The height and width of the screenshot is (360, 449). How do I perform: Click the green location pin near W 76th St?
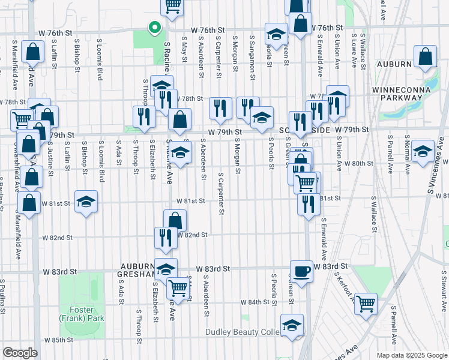click(154, 28)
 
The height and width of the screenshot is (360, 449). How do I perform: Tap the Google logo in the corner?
click(20, 353)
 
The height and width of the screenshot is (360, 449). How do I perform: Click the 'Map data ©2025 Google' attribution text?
click(411, 355)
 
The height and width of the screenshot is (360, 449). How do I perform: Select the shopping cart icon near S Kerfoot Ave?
click(365, 304)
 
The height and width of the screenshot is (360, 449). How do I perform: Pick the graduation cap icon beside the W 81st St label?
click(86, 202)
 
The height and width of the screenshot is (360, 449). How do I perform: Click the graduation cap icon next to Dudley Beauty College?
click(292, 326)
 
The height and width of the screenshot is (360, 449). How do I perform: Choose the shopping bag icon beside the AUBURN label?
click(425, 57)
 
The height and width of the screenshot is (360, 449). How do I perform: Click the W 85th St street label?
click(58, 340)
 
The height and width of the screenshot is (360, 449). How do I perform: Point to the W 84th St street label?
click(255, 302)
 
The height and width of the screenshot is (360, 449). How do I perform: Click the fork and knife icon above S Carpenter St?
click(220, 108)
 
